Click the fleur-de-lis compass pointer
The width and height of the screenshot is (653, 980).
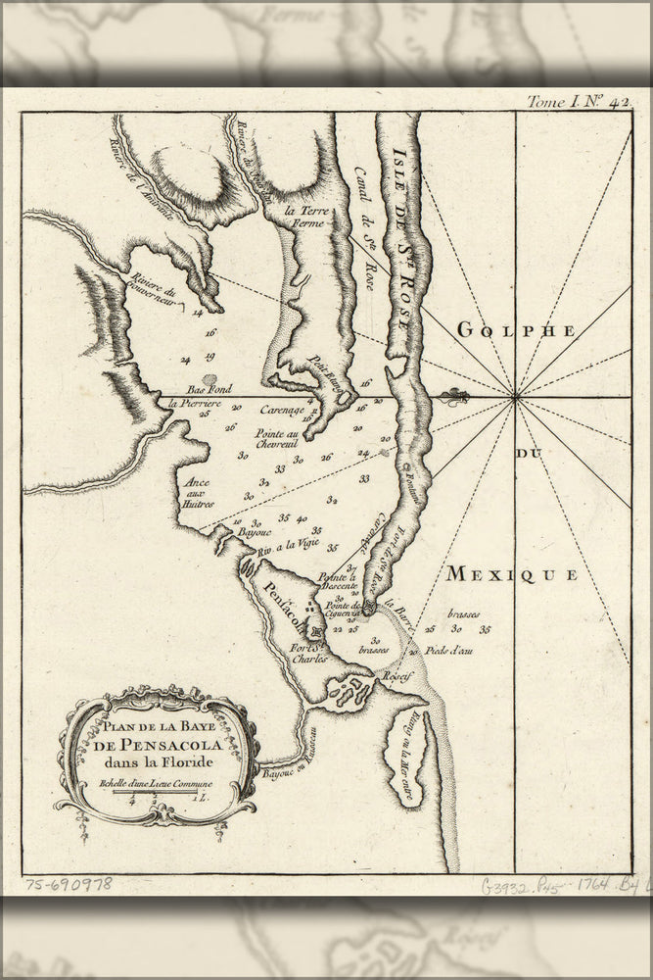tap(452, 397)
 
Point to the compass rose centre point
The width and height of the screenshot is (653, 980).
tap(515, 397)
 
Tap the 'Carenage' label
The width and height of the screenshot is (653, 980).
tap(282, 412)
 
